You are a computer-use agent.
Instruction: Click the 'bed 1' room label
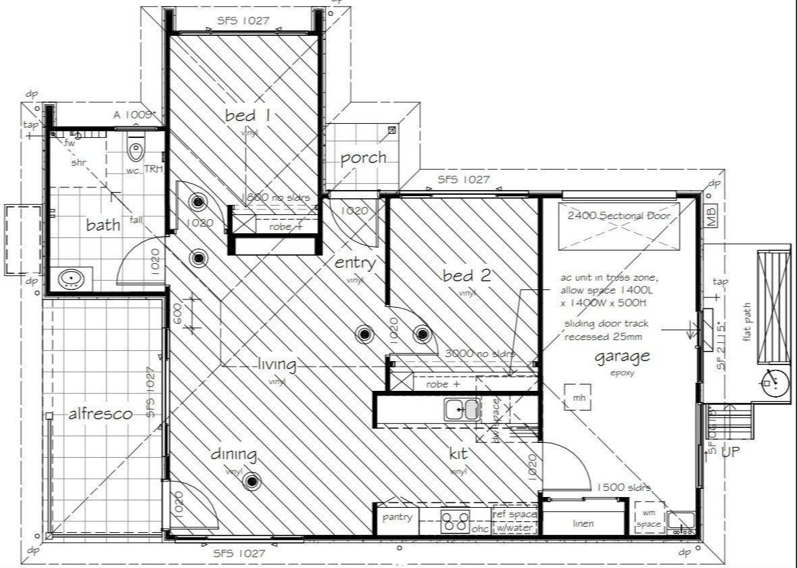click(x=247, y=116)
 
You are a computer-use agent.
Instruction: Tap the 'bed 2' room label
click(x=466, y=275)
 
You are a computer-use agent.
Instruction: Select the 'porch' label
click(x=363, y=158)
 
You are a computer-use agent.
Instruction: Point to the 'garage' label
click(x=622, y=356)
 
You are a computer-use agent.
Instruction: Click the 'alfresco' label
click(x=100, y=415)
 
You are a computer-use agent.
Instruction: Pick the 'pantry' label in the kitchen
click(x=397, y=518)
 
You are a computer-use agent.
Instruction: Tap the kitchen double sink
click(x=462, y=409)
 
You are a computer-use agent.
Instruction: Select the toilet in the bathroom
click(x=136, y=149)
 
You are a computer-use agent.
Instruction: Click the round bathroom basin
click(x=71, y=279)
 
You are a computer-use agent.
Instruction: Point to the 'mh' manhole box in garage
click(x=579, y=398)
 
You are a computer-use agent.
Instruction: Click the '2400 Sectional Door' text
click(x=619, y=216)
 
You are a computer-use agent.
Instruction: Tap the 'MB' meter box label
click(x=710, y=217)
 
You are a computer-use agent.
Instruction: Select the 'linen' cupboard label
click(x=583, y=523)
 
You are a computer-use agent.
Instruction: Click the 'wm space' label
click(x=649, y=518)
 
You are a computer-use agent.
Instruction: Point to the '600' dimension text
click(x=178, y=314)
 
